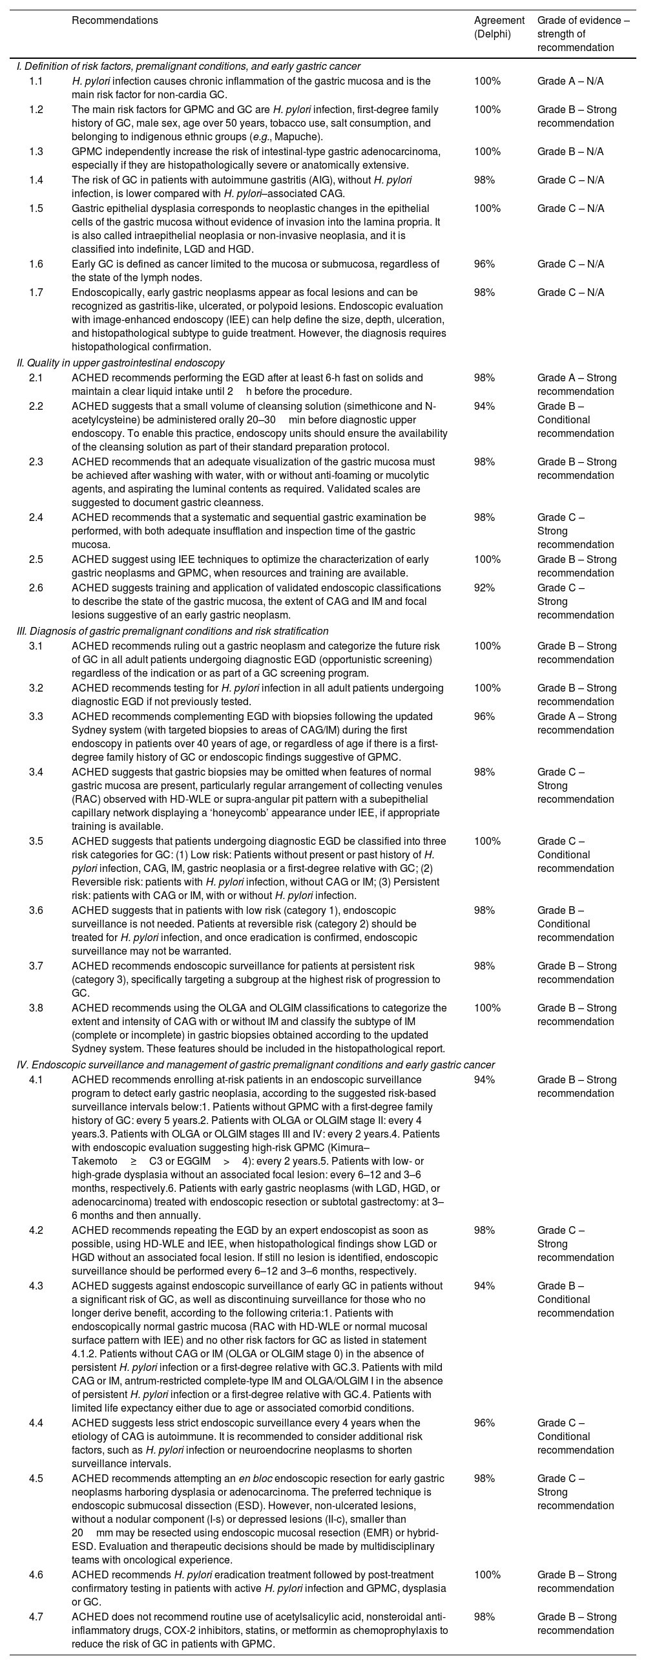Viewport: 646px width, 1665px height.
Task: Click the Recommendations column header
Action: coord(114,20)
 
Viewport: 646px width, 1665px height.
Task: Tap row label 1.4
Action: coord(36,180)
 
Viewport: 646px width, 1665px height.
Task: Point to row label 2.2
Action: coord(36,406)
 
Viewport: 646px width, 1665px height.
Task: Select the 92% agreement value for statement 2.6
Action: coord(484,588)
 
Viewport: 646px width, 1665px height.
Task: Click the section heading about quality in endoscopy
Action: coord(121,363)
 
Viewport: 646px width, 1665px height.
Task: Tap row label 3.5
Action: coord(36,841)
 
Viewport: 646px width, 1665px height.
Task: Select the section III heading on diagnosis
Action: coord(172,631)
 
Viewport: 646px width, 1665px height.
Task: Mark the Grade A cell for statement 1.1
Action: coord(570,81)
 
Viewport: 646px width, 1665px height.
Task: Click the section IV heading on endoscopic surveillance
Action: coord(255,1065)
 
